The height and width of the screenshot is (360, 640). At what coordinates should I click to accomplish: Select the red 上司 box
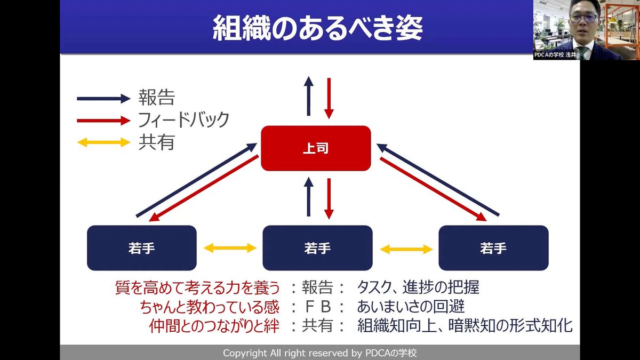pyautogui.click(x=316, y=148)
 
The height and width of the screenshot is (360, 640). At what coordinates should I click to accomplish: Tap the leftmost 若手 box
pyautogui.click(x=141, y=248)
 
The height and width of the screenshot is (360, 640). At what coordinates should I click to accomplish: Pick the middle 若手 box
pyautogui.click(x=317, y=248)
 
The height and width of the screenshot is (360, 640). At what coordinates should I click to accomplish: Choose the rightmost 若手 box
pyautogui.click(x=493, y=248)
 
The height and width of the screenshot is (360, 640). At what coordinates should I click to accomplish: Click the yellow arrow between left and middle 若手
pyautogui.click(x=230, y=248)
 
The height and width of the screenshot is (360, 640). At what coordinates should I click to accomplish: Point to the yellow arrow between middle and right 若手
pyautogui.click(x=406, y=249)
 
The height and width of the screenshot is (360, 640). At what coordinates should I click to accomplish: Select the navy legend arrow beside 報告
pyautogui.click(x=103, y=98)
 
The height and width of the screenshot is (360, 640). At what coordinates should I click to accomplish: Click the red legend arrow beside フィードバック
pyautogui.click(x=103, y=120)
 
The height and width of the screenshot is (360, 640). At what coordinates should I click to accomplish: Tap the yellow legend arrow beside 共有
pyautogui.click(x=103, y=142)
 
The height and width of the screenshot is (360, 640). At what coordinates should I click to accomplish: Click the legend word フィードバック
pyautogui.click(x=183, y=119)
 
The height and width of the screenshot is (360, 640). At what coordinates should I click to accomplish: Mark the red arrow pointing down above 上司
pyautogui.click(x=329, y=98)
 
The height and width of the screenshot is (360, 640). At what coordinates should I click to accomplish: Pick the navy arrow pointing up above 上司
pyautogui.click(x=308, y=96)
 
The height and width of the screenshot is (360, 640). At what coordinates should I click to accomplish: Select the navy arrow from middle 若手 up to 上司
pyautogui.click(x=308, y=197)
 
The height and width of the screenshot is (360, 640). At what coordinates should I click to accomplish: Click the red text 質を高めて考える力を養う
pyautogui.click(x=197, y=288)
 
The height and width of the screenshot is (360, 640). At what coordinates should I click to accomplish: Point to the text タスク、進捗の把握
pyautogui.click(x=418, y=288)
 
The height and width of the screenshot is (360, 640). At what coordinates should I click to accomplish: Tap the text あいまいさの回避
pyautogui.click(x=411, y=307)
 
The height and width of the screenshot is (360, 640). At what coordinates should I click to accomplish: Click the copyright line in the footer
pyautogui.click(x=319, y=353)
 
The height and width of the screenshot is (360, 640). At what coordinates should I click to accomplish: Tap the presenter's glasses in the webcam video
pyautogui.click(x=583, y=18)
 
